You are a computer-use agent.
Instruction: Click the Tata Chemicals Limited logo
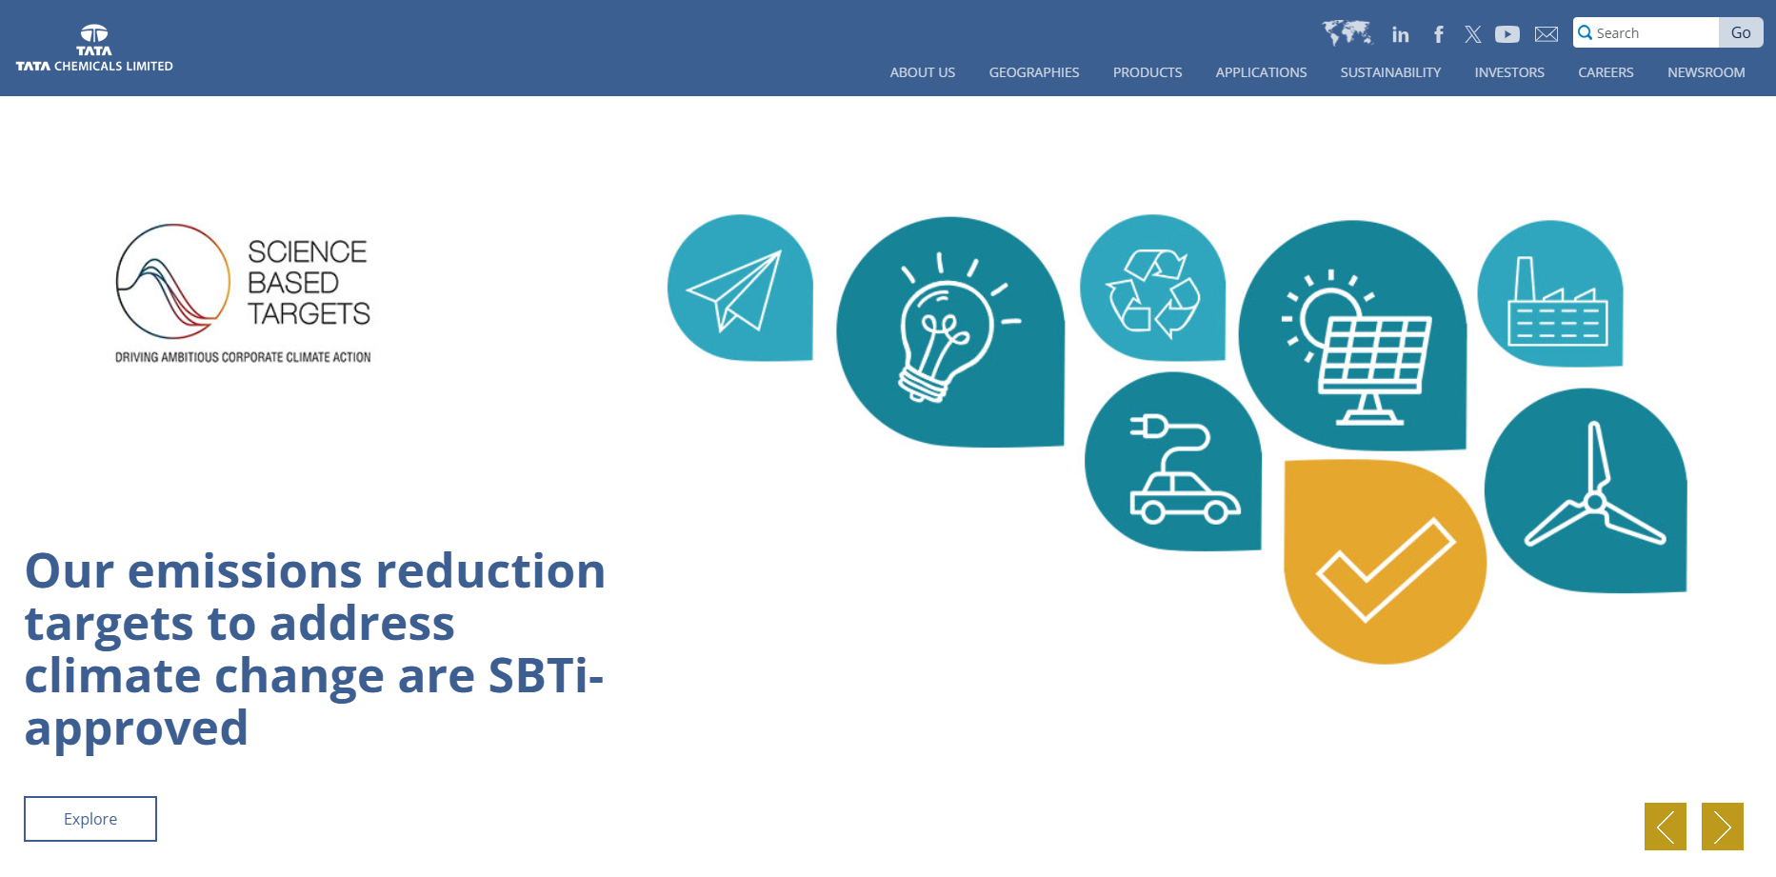94,49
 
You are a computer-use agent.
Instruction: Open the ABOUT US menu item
922,72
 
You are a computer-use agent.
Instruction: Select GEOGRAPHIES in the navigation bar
1033,72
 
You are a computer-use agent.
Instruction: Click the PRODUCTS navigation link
1147,72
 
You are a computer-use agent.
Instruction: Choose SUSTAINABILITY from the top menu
1390,72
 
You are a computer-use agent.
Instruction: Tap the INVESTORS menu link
1509,72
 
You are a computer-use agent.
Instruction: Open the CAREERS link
1606,72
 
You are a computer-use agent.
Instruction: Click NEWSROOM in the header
1706,72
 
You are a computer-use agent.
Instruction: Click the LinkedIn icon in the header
1400,34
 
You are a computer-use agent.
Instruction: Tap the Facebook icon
1438,34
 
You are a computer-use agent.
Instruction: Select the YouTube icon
1507,34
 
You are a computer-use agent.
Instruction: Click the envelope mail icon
1547,34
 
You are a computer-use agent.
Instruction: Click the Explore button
90,819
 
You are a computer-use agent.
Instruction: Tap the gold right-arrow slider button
1723,827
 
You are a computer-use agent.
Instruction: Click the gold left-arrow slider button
1666,827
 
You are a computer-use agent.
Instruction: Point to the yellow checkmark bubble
1385,562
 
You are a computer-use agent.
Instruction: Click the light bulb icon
948,329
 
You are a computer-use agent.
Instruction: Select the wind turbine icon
1595,490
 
